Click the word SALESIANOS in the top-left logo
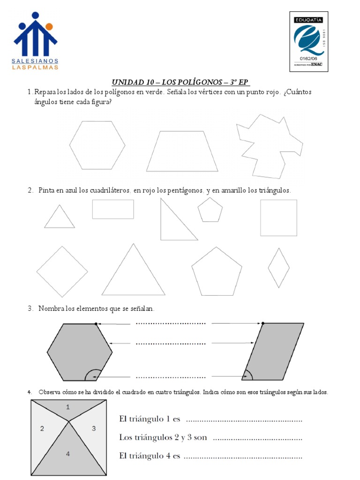point(35,61)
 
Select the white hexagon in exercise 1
point(97,145)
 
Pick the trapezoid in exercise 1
point(182,152)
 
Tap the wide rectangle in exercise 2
point(113,209)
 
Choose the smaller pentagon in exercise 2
point(210,210)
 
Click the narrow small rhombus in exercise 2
point(278,268)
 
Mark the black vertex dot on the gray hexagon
point(96,323)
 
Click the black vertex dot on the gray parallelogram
point(262,323)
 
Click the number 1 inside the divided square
point(68,407)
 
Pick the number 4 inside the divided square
point(68,454)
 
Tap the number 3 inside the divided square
point(94,428)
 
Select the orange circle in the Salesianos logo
point(49,26)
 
